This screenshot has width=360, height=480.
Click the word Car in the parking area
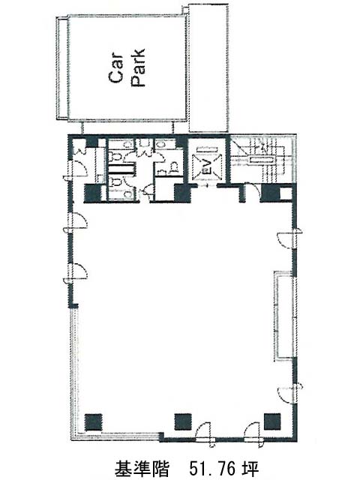pyautogui.click(x=116, y=68)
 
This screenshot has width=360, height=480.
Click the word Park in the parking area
pyautogui.click(x=138, y=68)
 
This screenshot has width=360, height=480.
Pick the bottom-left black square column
pyautogui.click(x=93, y=421)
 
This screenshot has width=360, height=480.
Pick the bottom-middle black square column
pyautogui.click(x=183, y=421)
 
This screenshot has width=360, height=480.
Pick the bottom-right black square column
pyautogui.click(x=272, y=421)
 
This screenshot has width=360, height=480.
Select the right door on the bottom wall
pyautogui.click(x=253, y=434)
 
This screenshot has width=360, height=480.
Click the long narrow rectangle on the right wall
pyautogui.click(x=283, y=315)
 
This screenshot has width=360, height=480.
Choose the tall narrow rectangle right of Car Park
pyautogui.click(x=208, y=68)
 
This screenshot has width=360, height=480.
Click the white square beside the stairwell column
pyautogui.click(x=286, y=193)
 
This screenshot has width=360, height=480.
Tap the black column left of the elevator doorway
pyautogui.click(x=182, y=193)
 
